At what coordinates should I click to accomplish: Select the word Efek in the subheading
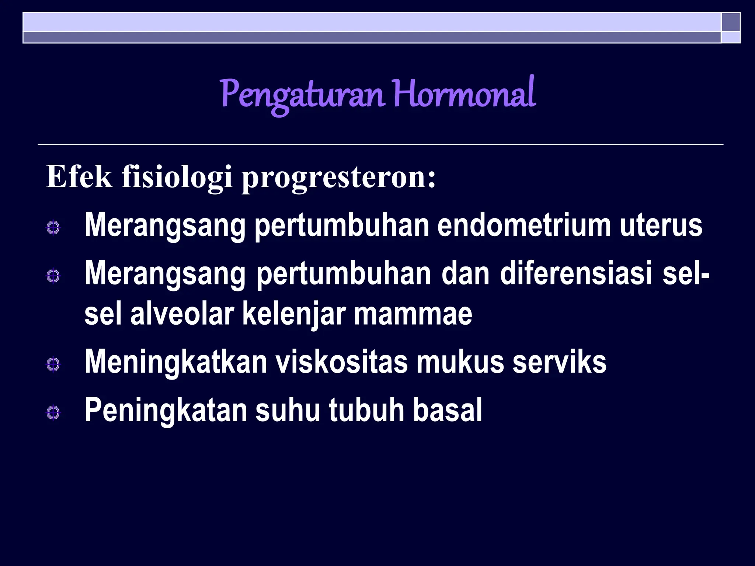point(79,177)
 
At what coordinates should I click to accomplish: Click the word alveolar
point(182,314)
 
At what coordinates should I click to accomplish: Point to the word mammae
point(413,314)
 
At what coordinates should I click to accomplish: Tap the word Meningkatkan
point(176,363)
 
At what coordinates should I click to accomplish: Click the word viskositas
point(342,363)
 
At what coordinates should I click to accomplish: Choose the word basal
point(447,410)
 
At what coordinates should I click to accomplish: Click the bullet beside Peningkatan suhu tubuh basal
point(53,413)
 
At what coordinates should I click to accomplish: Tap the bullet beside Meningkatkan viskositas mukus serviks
point(53,365)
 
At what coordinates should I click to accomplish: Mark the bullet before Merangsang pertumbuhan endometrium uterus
point(53,228)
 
